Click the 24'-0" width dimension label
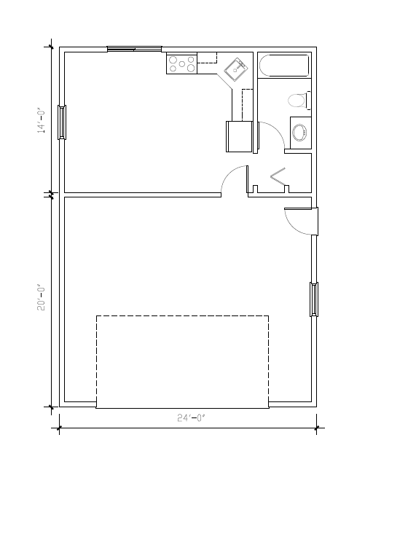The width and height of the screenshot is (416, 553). (x=192, y=418)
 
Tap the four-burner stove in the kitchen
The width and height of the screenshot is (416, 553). (x=181, y=63)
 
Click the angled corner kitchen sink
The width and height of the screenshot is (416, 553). (x=236, y=71)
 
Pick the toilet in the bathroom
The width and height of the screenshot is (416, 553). (x=299, y=100)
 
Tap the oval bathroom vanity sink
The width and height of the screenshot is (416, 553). (x=299, y=133)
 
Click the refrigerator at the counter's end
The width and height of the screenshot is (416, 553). (x=238, y=136)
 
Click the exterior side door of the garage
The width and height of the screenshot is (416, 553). (x=300, y=221)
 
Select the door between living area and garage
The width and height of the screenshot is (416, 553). (x=233, y=181)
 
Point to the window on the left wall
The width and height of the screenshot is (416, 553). (x=62, y=122)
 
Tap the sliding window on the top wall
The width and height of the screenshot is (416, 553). (x=134, y=49)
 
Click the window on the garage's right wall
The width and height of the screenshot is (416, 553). (x=314, y=299)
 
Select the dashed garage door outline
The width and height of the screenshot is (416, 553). (x=182, y=361)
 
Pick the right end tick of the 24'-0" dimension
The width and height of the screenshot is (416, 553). (x=316, y=428)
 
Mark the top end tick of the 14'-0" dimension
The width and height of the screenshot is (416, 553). (x=50, y=47)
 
